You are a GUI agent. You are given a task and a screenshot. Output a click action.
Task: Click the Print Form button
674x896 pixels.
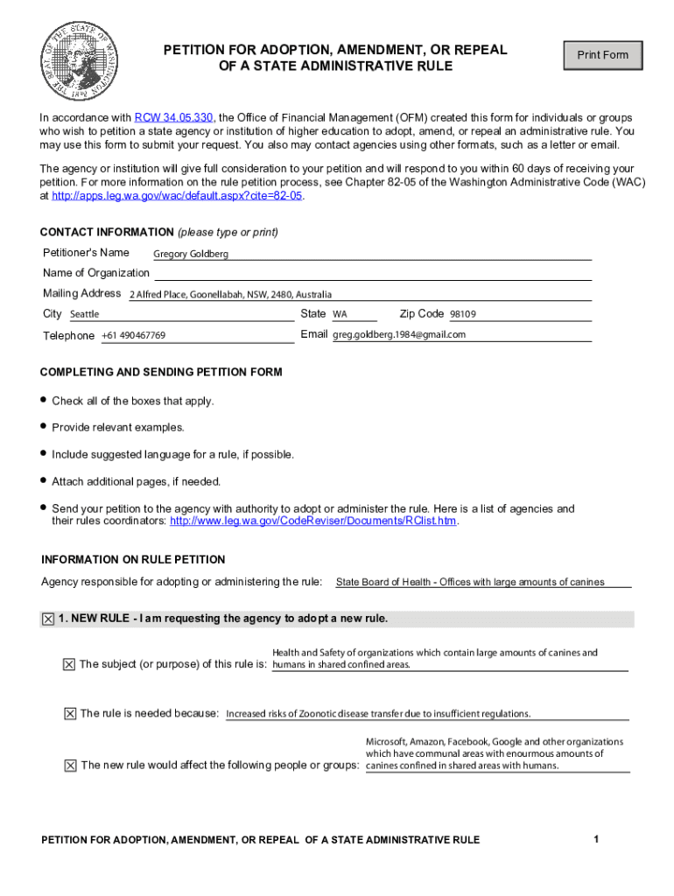pos(602,55)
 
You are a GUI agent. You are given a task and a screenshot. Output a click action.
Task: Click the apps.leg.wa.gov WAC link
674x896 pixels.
pos(177,196)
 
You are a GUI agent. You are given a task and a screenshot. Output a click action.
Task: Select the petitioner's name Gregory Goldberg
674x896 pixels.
pos(191,254)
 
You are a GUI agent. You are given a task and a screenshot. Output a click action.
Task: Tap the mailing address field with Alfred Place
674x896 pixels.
pos(230,295)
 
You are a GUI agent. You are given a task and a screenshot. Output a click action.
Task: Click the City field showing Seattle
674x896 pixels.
pos(85,314)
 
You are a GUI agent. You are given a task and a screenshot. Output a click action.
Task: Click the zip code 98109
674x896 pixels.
pos(463,314)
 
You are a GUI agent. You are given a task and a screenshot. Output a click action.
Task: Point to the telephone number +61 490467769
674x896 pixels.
pos(133,336)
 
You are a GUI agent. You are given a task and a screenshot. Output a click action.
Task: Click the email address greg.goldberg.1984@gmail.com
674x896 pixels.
pos(399,335)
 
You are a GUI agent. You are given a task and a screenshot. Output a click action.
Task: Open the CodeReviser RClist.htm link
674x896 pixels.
pos(312,521)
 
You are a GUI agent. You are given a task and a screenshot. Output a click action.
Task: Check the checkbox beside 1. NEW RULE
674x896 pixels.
pos(48,619)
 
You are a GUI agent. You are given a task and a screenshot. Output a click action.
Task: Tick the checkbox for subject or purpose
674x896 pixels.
pos(69,664)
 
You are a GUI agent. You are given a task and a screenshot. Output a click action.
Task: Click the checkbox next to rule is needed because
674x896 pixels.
pos(69,713)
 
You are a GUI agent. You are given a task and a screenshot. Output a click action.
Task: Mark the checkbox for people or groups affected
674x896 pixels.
pos(70,766)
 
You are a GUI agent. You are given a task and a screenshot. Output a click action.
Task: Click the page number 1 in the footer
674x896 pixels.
pos(595,840)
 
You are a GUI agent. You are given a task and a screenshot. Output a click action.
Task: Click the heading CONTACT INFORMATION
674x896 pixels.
pos(107,232)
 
